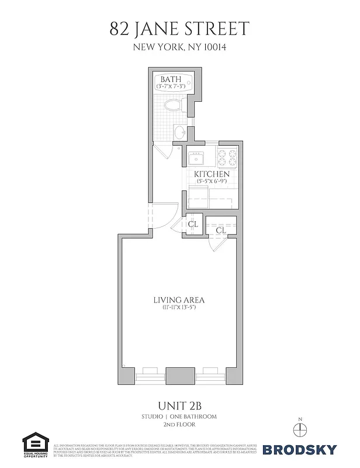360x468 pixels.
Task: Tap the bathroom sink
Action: pos(181,131)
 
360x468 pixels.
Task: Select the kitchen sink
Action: pos(195,158)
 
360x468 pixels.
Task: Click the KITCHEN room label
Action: pos(212,174)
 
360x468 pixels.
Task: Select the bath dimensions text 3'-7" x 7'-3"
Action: pos(171,87)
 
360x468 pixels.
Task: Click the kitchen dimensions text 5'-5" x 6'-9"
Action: pos(212,183)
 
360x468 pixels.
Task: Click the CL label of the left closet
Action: pos(193,223)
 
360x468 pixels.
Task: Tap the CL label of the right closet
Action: pos(221,230)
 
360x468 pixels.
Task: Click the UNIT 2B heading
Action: pos(179,405)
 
